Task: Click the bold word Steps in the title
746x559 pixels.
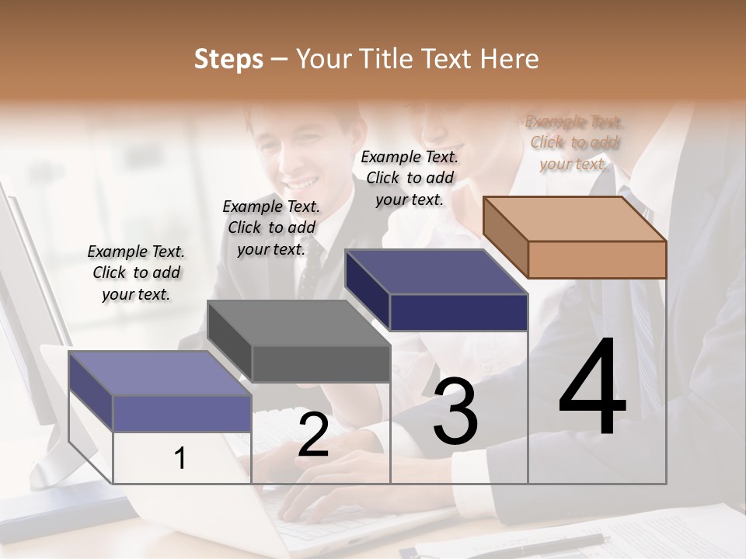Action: click(228, 59)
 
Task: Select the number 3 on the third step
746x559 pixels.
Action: click(455, 411)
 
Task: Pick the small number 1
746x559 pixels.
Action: click(180, 458)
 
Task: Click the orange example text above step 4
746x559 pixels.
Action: click(574, 143)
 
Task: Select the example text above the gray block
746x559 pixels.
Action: click(271, 227)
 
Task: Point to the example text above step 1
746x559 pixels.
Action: click(136, 273)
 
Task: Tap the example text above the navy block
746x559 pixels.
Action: click(410, 178)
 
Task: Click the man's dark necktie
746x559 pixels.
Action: click(310, 268)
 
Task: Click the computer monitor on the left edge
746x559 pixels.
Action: click(27, 311)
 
